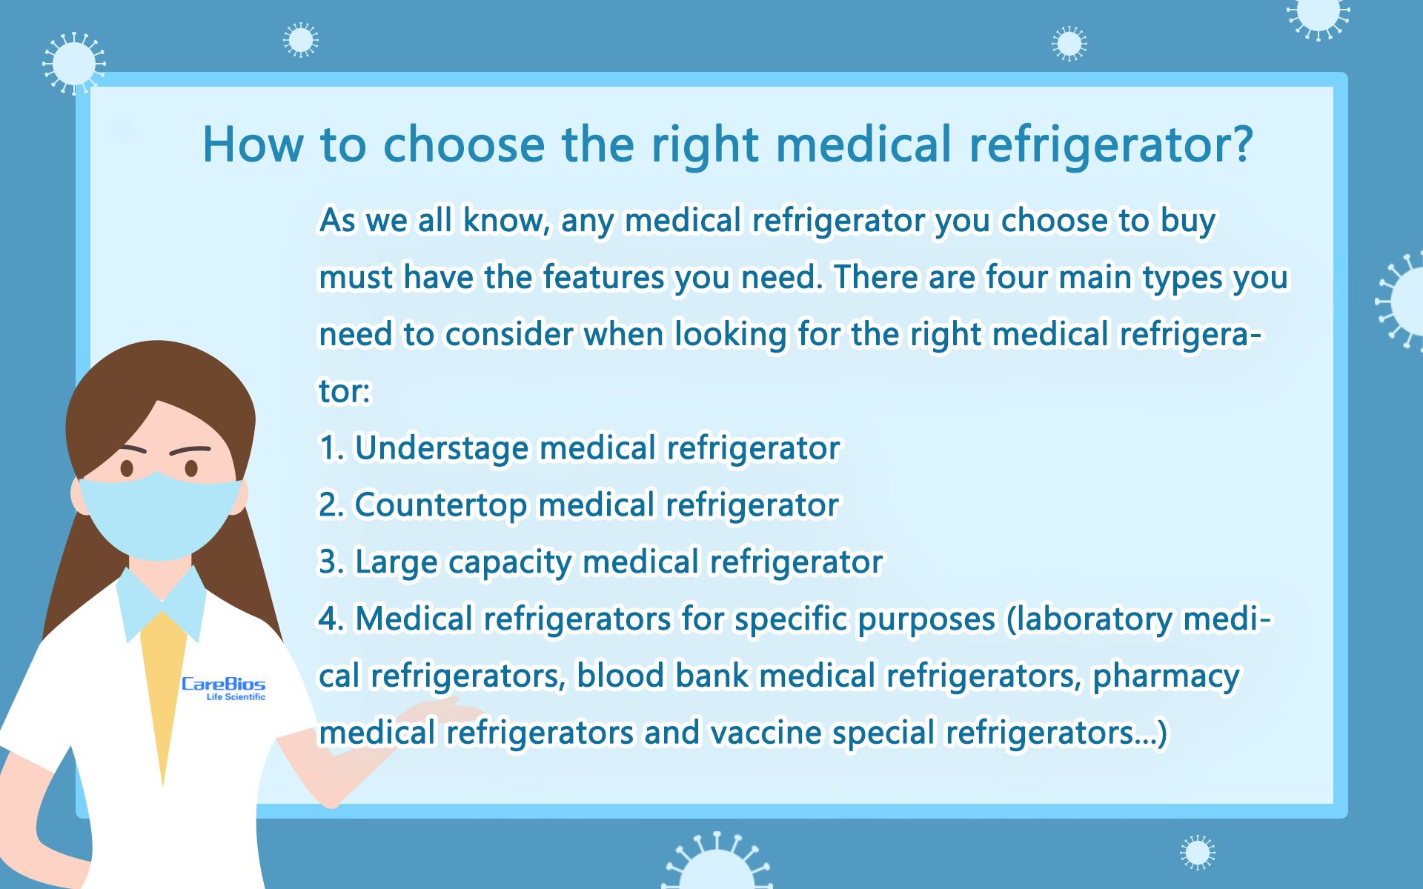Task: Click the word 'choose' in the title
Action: (x=463, y=144)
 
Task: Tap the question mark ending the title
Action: (x=1235, y=144)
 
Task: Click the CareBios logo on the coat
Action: (x=223, y=687)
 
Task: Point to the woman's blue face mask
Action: (x=160, y=515)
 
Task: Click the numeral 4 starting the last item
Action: (x=328, y=619)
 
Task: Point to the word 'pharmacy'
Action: (x=1165, y=676)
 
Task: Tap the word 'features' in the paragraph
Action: (x=603, y=278)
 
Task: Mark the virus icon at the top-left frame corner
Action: (x=73, y=64)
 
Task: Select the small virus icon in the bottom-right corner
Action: (x=1198, y=852)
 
